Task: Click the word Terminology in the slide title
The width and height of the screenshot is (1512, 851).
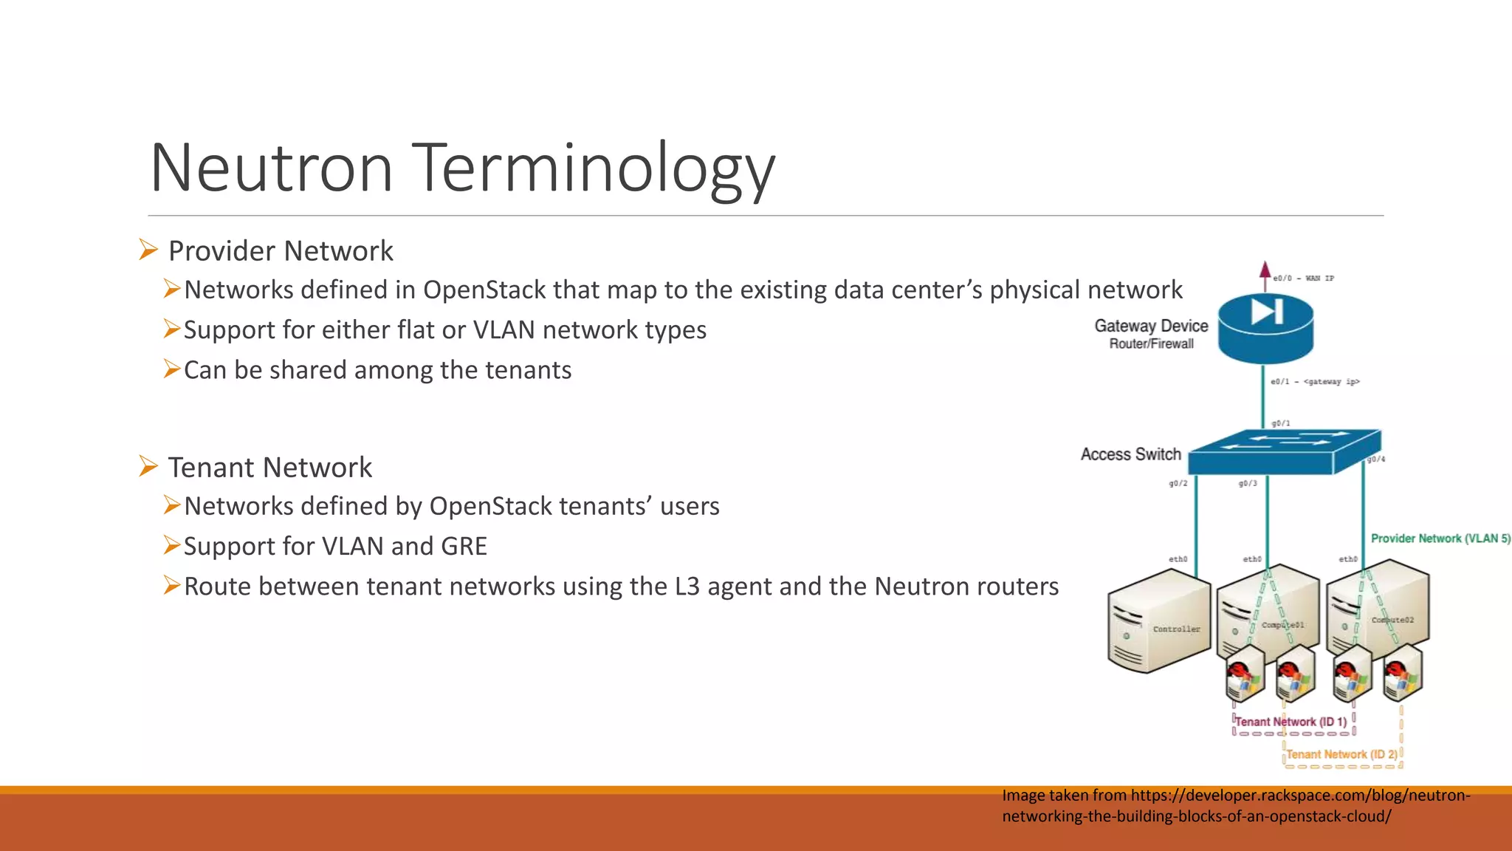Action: pos(593,168)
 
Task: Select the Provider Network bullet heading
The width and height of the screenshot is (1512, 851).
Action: pos(281,251)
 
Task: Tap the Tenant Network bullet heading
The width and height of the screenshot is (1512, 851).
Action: pos(269,468)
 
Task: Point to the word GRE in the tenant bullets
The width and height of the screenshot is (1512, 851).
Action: pos(464,547)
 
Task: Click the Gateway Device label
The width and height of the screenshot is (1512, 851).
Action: pos(1151,326)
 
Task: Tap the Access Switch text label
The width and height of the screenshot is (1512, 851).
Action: pos(1130,454)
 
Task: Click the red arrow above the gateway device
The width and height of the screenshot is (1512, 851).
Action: pos(1265,273)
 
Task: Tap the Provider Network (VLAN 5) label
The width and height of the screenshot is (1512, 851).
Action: pos(1440,539)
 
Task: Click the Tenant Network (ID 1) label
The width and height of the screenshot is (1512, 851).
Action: pos(1291,722)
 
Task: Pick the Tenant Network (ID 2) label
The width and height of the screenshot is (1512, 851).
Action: pos(1341,754)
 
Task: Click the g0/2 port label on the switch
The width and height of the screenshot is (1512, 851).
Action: pos(1178,483)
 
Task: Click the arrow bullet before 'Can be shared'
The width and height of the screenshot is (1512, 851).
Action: pos(172,369)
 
